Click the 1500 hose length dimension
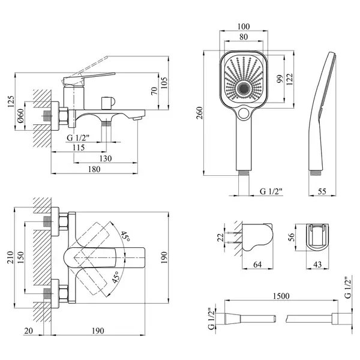click(281, 296)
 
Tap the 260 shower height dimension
click(200, 113)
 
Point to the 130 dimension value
click(106, 158)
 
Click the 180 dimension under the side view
click(94, 169)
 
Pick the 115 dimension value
click(79, 148)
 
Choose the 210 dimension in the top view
click(10, 257)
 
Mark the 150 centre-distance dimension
click(20, 257)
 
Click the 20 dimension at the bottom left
click(28, 331)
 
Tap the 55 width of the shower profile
click(322, 191)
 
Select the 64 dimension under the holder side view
click(257, 265)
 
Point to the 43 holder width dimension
click(317, 265)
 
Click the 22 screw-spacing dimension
click(220, 237)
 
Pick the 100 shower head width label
click(244, 26)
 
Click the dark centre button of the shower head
click(244, 89)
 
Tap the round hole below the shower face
click(244, 113)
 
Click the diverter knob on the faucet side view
click(107, 103)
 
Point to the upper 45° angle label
click(125, 236)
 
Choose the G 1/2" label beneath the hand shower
click(271, 191)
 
